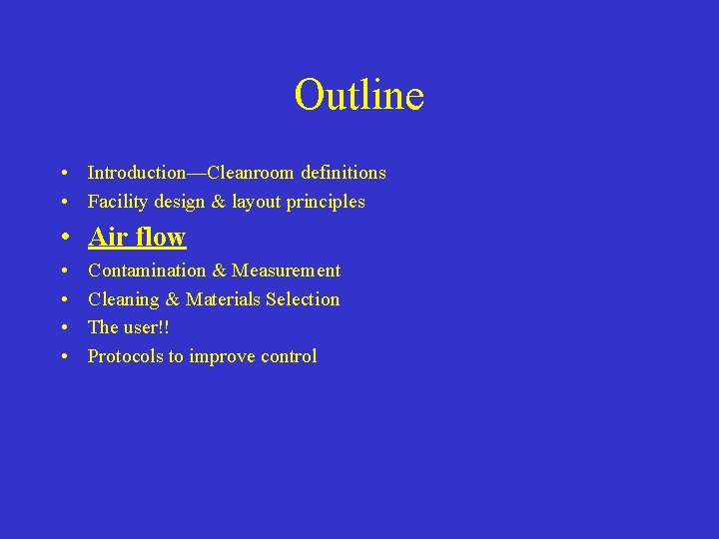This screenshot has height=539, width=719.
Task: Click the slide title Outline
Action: coord(359,95)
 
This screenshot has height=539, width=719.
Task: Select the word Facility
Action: coord(117,202)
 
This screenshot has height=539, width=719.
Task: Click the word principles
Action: coord(327,203)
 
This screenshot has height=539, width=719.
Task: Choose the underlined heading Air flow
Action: coord(137,237)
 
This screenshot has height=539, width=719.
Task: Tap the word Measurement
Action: coord(287,270)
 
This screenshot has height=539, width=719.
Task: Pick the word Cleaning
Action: coord(124,299)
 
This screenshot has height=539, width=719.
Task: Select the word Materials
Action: coord(223,299)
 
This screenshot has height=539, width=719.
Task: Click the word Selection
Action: coord(303,299)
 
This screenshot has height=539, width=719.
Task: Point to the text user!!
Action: coord(146,327)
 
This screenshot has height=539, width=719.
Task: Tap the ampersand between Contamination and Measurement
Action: coord(220,270)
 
